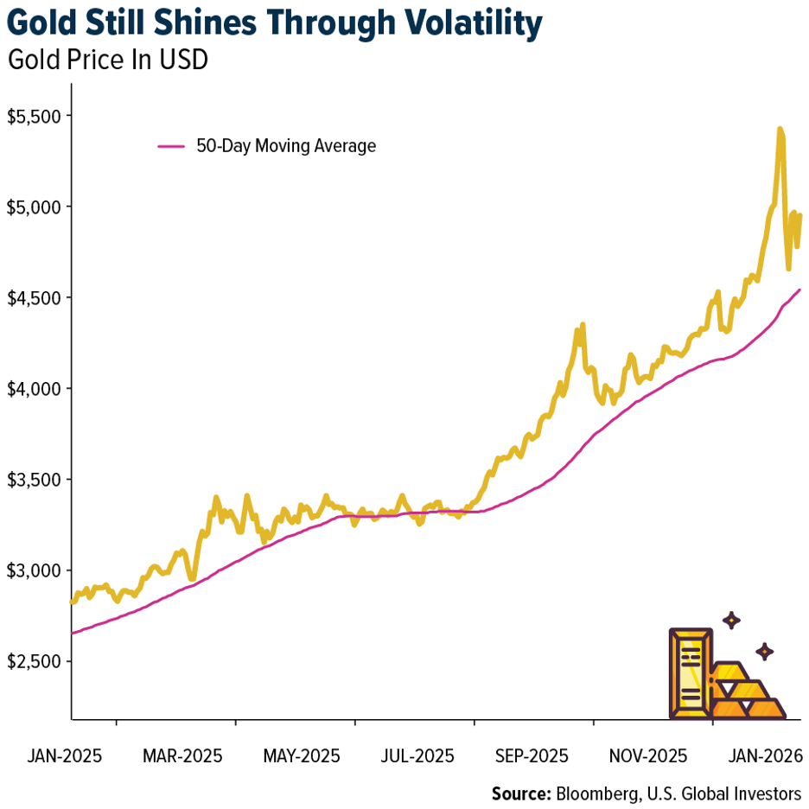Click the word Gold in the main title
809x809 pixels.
click(x=47, y=24)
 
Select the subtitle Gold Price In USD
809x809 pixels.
click(x=107, y=62)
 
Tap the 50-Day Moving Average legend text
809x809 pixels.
click(x=286, y=146)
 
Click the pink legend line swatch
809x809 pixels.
click(x=171, y=146)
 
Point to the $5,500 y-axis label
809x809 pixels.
click(x=35, y=116)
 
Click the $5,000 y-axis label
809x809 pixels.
click(x=35, y=207)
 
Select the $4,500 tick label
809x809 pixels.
click(x=35, y=298)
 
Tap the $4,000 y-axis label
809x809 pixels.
click(x=35, y=389)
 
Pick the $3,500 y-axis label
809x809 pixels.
click(x=35, y=480)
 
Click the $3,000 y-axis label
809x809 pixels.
click(x=35, y=570)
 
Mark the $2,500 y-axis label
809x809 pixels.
click(x=35, y=661)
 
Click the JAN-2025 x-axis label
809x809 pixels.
click(x=65, y=755)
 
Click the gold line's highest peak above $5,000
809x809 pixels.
click(x=780, y=131)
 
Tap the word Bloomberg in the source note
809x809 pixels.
click(x=596, y=793)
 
